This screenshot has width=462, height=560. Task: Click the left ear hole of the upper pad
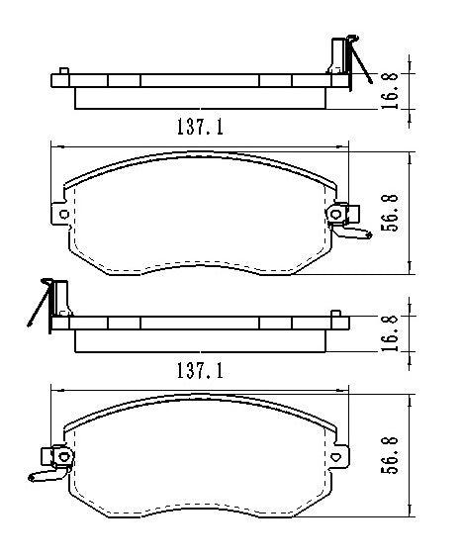tap(64, 214)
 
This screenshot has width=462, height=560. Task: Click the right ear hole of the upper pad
tap(337, 214)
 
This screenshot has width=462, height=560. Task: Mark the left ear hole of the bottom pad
tap(64, 457)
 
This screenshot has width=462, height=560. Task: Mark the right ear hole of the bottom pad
tap(337, 457)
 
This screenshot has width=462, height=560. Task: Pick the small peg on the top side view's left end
tap(63, 71)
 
